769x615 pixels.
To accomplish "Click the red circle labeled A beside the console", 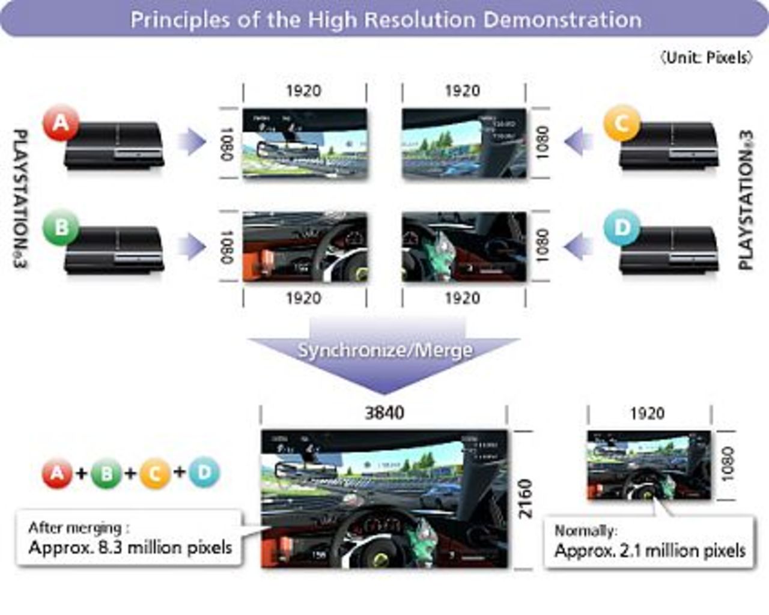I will pyautogui.click(x=60, y=124).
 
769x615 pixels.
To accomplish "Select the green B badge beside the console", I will pyautogui.click(x=60, y=227).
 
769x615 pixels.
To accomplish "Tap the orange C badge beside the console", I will pyautogui.click(x=621, y=124).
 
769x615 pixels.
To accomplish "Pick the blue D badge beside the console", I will pyautogui.click(x=621, y=227).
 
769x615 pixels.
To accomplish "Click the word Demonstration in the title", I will pyautogui.click(x=562, y=20).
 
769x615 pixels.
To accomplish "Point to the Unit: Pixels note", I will pyautogui.click(x=706, y=58).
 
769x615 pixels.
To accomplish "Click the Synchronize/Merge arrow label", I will pyautogui.click(x=384, y=350).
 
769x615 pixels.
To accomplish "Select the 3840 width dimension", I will pyautogui.click(x=384, y=413).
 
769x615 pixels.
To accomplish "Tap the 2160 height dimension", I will pyautogui.click(x=526, y=498).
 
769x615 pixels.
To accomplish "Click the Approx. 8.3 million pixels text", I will pyautogui.click(x=130, y=548).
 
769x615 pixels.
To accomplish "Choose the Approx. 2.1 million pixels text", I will pyautogui.click(x=649, y=550).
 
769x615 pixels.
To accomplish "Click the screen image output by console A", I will pyautogui.click(x=305, y=143).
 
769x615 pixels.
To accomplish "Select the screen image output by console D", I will pyautogui.click(x=464, y=247).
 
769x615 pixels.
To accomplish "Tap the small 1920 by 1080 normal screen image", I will pyautogui.click(x=649, y=465).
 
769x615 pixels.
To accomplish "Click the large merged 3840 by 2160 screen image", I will pyautogui.click(x=384, y=499).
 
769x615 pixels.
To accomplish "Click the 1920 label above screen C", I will pyautogui.click(x=463, y=91).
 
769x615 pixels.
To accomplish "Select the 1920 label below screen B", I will pyautogui.click(x=303, y=298).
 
